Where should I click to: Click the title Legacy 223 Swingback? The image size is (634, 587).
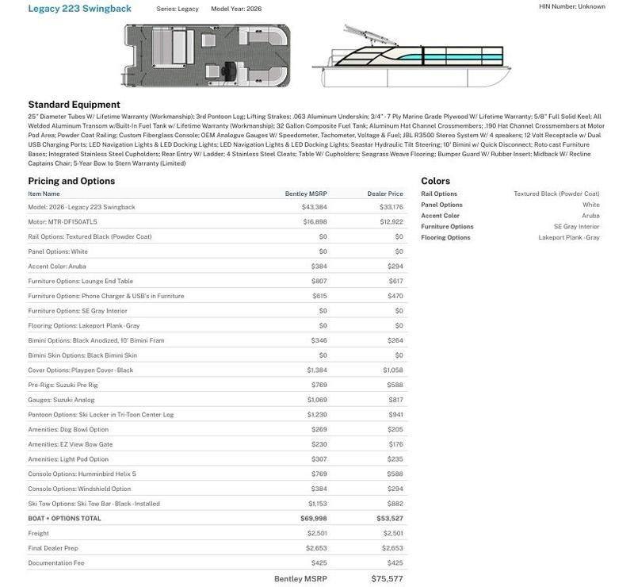point(79,9)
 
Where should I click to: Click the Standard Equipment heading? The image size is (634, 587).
point(74,105)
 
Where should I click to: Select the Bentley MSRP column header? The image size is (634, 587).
point(306,194)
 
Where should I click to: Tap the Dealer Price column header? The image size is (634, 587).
point(385,194)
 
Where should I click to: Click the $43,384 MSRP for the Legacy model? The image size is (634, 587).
point(315,207)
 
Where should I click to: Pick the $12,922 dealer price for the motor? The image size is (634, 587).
point(391,222)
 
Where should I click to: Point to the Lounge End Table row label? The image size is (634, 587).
point(80,281)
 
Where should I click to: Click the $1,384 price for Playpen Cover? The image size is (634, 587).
point(317,370)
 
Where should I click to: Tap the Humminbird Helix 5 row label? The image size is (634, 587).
point(82,474)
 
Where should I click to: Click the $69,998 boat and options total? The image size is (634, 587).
point(314,519)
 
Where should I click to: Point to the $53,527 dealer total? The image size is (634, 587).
point(390,519)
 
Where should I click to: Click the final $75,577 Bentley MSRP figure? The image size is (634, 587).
point(387,579)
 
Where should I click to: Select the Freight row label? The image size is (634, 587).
point(39,534)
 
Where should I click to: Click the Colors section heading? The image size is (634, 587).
point(435,182)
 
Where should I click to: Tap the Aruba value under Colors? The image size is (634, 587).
point(590,216)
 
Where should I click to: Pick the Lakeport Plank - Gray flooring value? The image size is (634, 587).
point(569,238)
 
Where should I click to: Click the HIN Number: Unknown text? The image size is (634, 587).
point(571,6)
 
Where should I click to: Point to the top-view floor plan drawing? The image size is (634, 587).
point(207,54)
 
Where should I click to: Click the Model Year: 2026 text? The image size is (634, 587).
point(236,9)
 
